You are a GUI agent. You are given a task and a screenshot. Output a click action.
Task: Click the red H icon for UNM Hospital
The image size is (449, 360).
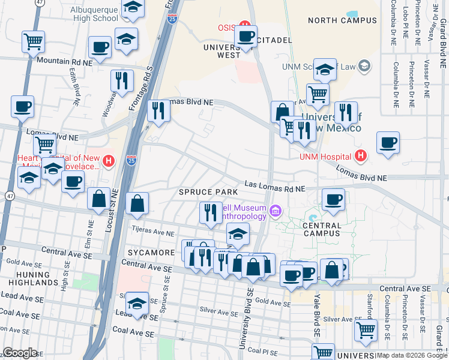point(361,157)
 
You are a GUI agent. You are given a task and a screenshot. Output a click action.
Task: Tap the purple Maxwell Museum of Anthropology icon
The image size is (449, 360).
point(276,211)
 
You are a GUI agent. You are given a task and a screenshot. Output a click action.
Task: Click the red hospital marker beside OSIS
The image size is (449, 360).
point(244,27)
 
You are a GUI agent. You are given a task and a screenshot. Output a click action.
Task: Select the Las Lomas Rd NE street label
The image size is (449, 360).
point(274,188)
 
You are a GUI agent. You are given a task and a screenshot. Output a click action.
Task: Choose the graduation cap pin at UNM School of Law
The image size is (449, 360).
point(325,70)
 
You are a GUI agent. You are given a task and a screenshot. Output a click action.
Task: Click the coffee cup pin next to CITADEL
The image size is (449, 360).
point(246,36)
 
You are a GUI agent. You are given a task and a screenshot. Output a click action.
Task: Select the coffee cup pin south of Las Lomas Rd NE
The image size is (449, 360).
point(333,200)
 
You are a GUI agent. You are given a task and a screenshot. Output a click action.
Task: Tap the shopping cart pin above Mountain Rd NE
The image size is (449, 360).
point(33,41)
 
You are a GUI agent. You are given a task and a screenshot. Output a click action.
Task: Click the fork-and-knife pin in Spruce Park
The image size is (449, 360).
point(210,213)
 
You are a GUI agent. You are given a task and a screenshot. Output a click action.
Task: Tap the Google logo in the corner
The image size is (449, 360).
point(20,353)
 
